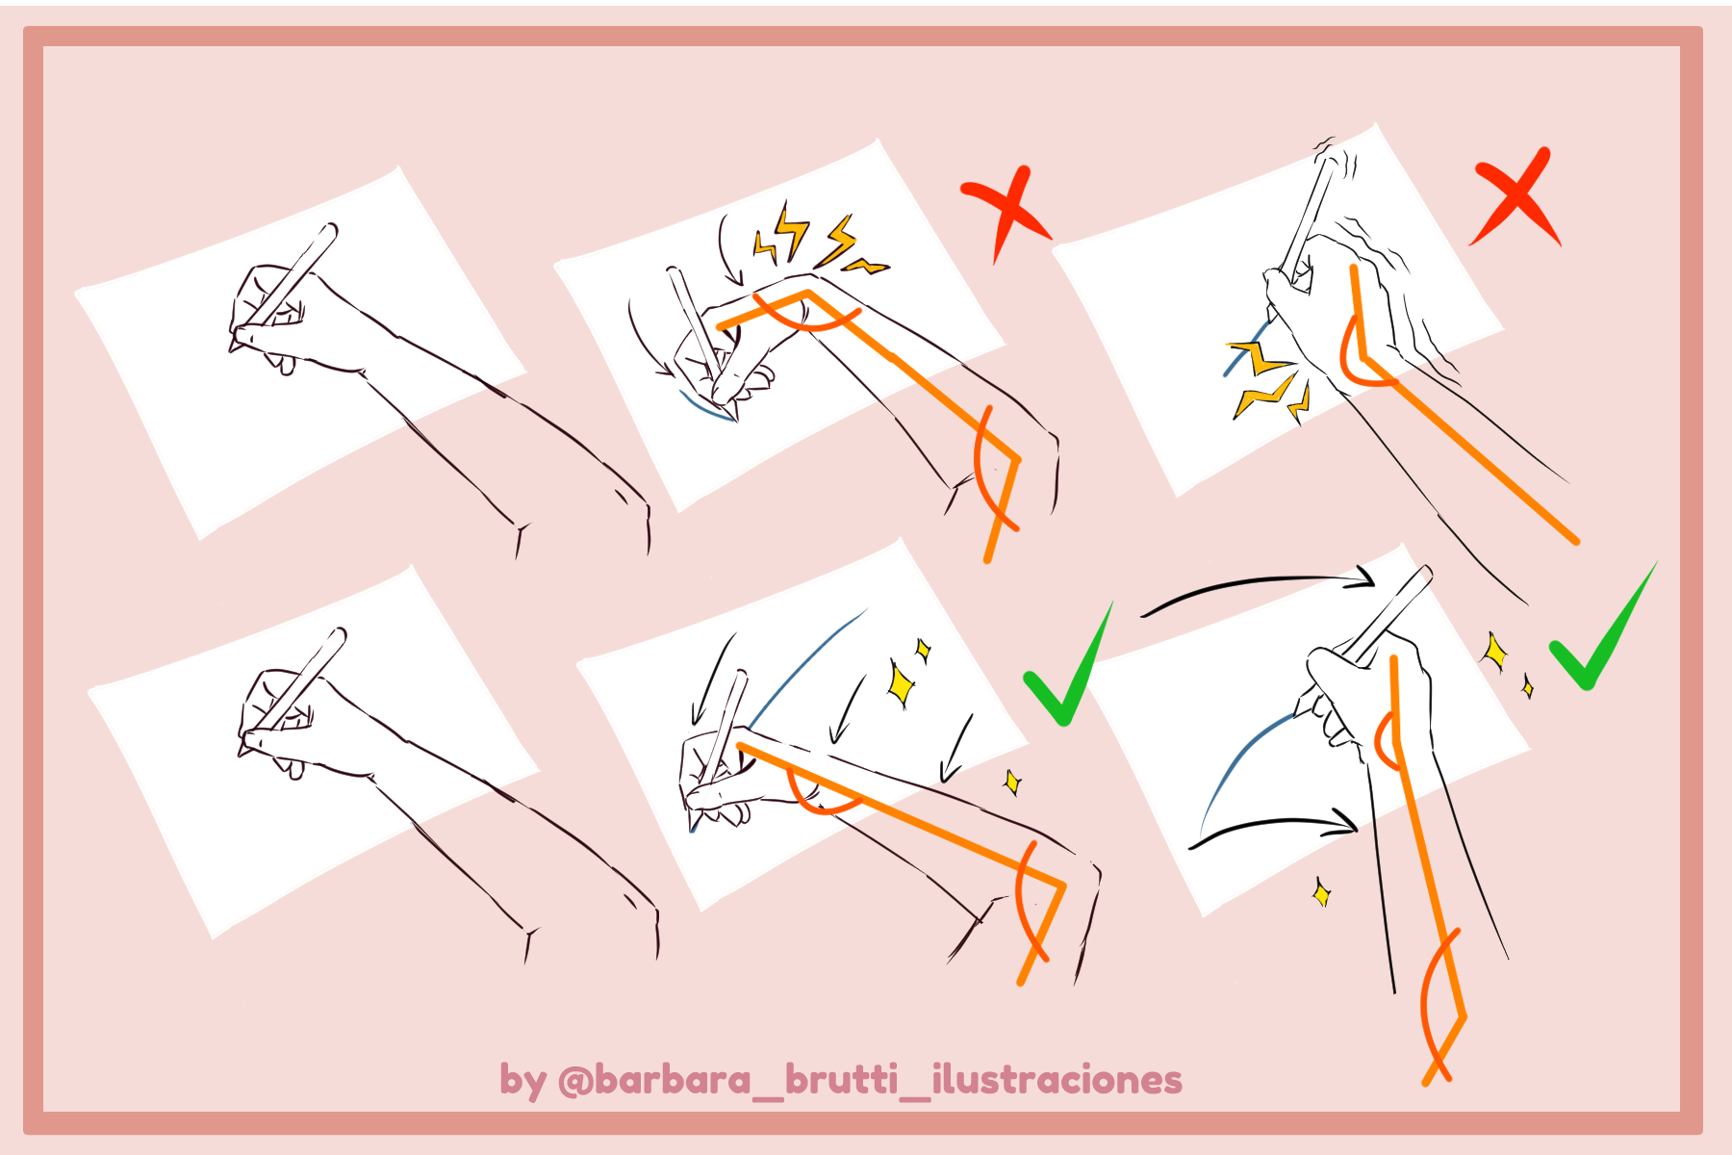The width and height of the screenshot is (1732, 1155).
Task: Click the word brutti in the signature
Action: click(841, 1080)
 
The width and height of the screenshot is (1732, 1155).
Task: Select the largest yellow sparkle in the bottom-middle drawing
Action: click(901, 682)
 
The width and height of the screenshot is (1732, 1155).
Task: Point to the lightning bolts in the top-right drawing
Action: click(1265, 380)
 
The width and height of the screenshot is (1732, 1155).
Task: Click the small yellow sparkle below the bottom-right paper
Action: click(1322, 893)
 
